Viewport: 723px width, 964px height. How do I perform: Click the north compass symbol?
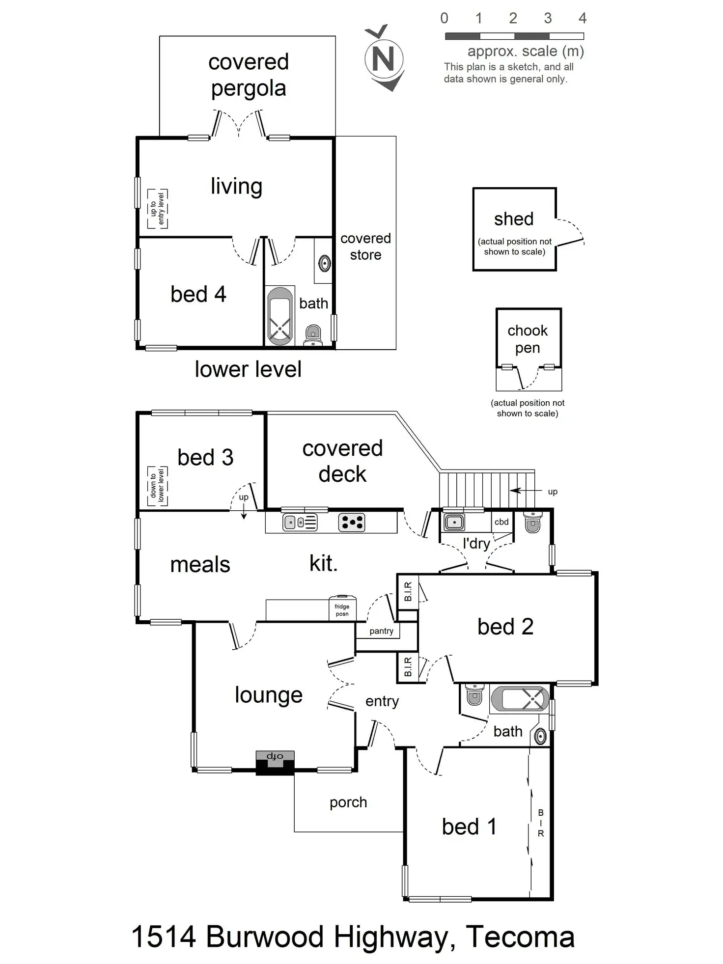384,58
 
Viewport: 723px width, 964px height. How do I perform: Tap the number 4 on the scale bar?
583,19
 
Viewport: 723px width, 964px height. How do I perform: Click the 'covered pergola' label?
248,75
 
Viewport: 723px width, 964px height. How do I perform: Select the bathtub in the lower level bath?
279,316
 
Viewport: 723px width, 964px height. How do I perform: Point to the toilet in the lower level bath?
313,334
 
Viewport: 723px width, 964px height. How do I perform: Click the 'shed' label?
514,219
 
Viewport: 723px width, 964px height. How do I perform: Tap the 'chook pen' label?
528,339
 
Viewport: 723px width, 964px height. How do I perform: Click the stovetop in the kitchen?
352,522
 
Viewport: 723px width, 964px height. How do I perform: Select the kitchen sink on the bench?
300,522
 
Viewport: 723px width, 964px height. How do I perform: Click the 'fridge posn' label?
342,610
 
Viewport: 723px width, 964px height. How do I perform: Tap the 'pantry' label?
382,631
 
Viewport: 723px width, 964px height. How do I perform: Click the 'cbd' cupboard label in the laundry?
501,522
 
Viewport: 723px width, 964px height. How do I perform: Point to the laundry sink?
454,522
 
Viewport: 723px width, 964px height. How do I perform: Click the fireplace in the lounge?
275,762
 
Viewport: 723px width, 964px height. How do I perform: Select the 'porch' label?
348,802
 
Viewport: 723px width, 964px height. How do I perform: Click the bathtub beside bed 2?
520,698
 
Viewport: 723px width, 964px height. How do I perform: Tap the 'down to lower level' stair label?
157,486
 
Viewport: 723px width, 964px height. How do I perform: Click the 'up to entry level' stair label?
157,209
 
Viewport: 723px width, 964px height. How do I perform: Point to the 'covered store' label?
365,247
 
